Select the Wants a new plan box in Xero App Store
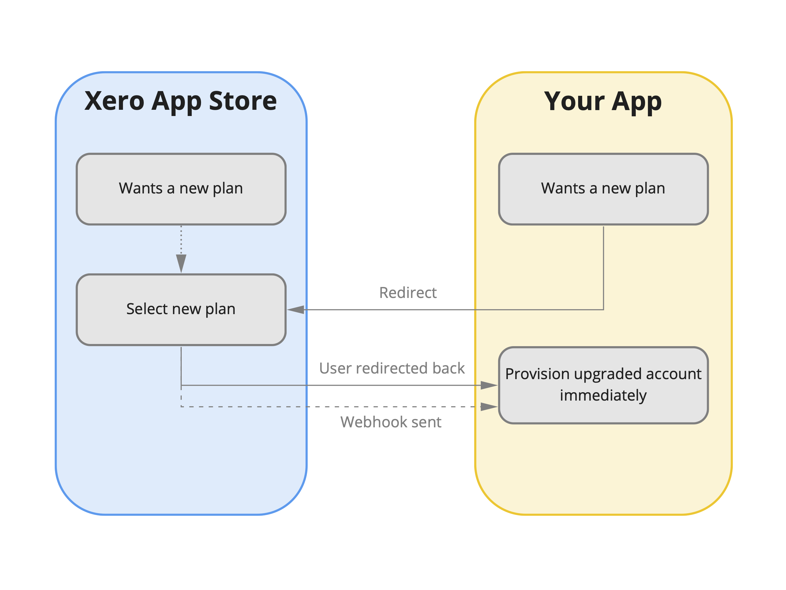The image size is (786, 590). pos(181,189)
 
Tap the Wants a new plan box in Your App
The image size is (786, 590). pos(603,189)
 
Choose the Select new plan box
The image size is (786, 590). pos(181,309)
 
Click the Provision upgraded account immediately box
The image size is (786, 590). pos(603,385)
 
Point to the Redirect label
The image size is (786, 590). pos(408,293)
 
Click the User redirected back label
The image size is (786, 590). pos(391,368)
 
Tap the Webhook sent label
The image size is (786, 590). pos(391,422)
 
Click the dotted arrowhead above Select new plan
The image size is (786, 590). pos(181,262)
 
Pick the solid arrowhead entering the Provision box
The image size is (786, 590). pos(488,385)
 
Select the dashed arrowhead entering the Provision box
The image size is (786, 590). pos(488,407)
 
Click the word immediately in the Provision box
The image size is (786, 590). pos(603,396)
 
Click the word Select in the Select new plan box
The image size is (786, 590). pos(147,309)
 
